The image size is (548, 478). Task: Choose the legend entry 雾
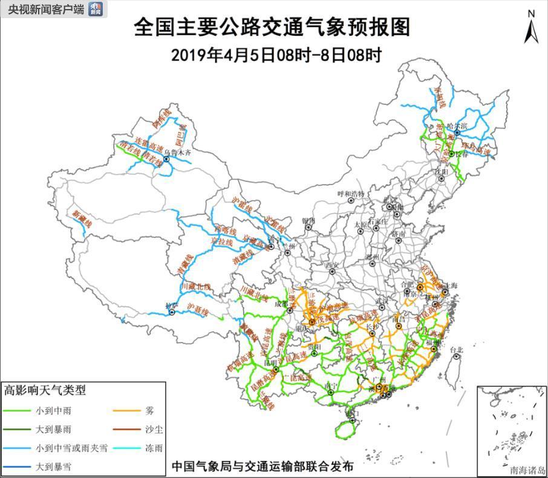[149, 410]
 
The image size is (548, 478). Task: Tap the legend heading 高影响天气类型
[45, 390]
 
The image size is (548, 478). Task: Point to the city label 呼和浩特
[351, 194]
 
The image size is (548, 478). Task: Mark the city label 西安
[331, 265]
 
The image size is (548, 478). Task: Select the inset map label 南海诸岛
[527, 469]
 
